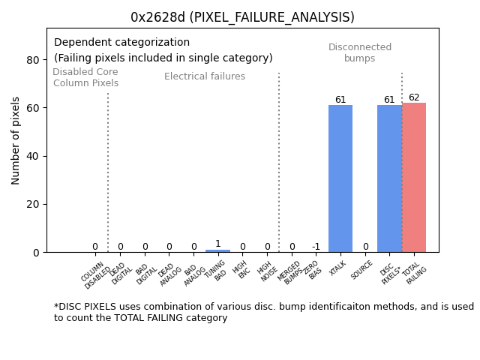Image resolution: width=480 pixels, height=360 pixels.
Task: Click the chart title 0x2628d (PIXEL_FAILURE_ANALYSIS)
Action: click(x=242, y=17)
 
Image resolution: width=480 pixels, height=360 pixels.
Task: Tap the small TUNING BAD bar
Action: click(x=218, y=250)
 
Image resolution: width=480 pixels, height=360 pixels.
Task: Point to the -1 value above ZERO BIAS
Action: click(x=316, y=247)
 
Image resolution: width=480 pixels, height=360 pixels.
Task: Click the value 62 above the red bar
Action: click(x=414, y=97)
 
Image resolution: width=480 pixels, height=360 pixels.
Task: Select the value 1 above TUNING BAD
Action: click(x=218, y=244)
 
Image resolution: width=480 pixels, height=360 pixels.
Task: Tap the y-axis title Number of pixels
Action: click(x=16, y=140)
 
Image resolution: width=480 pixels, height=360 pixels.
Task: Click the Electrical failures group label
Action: click(x=205, y=76)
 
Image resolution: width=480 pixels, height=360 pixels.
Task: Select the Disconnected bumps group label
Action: click(x=360, y=52)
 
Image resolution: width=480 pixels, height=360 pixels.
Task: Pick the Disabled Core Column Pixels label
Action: click(x=85, y=77)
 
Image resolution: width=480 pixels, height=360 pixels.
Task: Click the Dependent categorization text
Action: click(x=121, y=43)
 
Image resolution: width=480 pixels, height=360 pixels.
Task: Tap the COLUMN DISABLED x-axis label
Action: click(x=95, y=275)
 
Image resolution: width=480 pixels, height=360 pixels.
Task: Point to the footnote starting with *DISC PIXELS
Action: click(x=263, y=312)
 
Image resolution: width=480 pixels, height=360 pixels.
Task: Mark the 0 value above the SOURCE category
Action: click(x=365, y=247)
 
